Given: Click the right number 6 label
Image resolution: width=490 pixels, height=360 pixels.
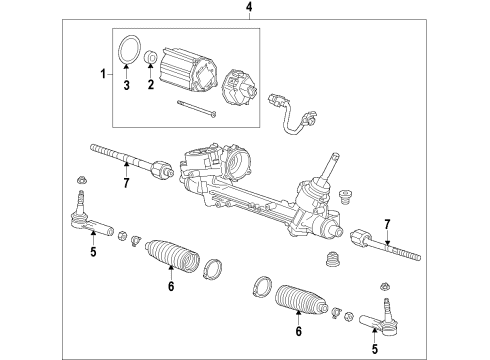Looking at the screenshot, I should (x=296, y=331).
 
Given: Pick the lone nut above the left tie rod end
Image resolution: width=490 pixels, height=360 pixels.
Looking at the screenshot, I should (x=79, y=181).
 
